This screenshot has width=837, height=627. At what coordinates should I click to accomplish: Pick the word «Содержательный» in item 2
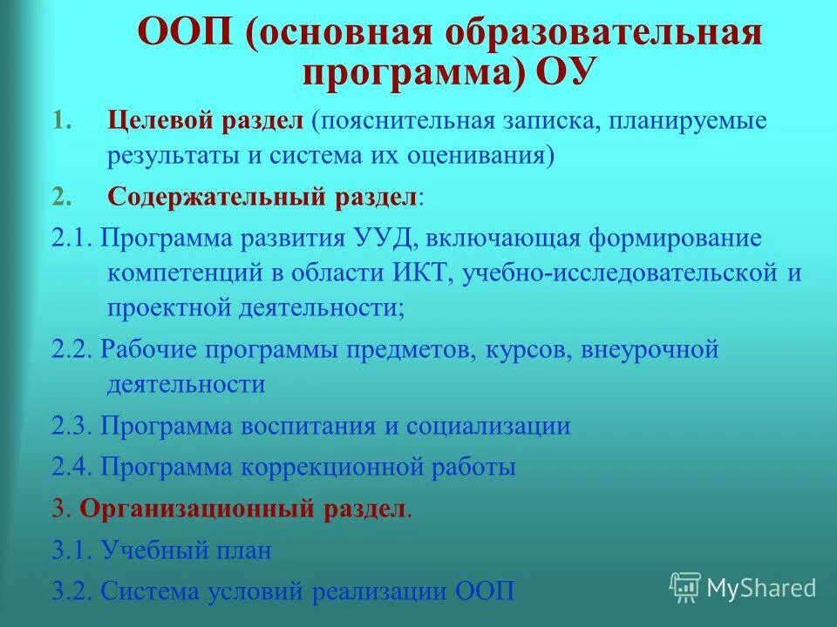point(217,196)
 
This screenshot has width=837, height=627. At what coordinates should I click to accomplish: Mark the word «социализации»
point(487,426)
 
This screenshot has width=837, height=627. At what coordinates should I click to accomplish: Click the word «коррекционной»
point(335,467)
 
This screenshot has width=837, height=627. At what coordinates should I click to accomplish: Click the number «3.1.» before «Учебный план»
point(72,550)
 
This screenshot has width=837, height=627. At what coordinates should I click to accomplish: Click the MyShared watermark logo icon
point(685,587)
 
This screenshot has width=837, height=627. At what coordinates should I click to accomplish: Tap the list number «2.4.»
point(72,467)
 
